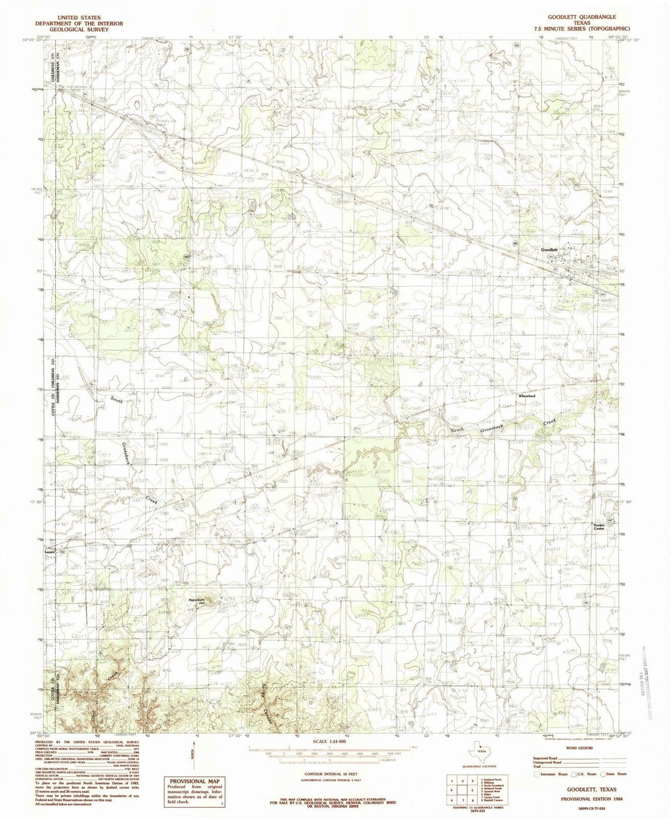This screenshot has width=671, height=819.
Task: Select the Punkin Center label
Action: [x=598, y=527]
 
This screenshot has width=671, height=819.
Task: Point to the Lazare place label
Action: [x=50, y=550]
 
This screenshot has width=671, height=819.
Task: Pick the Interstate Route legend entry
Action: [x=550, y=775]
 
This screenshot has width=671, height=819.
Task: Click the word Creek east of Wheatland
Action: [x=549, y=422]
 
